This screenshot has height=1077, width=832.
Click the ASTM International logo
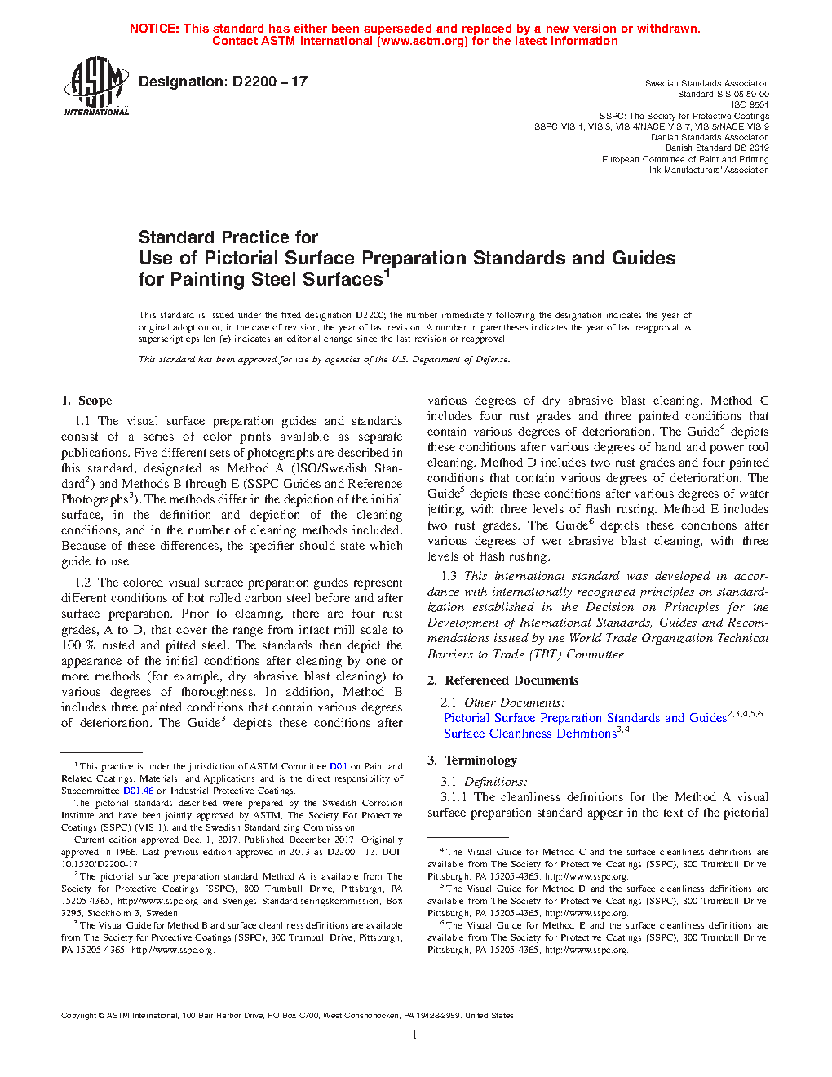pos(96,86)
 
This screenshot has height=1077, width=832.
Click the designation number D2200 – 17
pos(269,82)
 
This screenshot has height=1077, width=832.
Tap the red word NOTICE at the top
pos(154,29)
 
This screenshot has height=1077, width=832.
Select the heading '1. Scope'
pos(86,401)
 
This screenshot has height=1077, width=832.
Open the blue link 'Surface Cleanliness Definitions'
pos(530,734)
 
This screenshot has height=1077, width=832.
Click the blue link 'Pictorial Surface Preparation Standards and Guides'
pos(585,718)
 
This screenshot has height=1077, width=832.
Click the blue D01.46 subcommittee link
pos(138,791)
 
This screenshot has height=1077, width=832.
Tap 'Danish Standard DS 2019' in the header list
pos(717,148)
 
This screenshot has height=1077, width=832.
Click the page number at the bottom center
pos(415,1035)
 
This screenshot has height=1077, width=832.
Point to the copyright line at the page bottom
pos(287,1016)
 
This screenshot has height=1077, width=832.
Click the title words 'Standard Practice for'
pos(228,237)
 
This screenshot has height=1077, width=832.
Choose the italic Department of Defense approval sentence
pos(324,359)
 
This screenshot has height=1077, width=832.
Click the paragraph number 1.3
pos(449,576)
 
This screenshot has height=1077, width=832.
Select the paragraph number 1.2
pos(82,583)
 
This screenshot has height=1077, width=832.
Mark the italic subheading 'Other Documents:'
pos(514,702)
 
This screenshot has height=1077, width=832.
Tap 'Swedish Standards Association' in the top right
pos(706,83)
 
